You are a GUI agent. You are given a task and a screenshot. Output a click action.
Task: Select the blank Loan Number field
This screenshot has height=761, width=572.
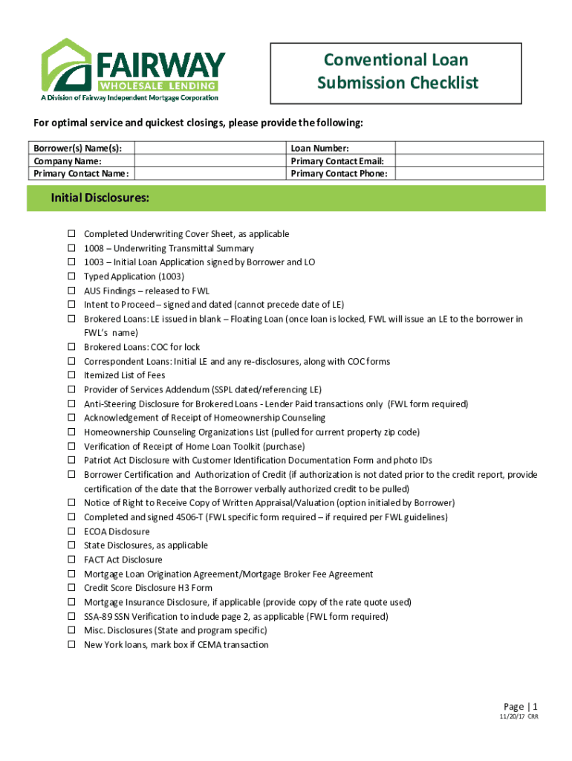coord(470,148)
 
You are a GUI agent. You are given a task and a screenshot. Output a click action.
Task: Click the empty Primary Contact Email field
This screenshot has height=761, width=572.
coord(470,161)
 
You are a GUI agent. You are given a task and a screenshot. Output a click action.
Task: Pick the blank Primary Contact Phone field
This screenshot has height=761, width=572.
coord(470,173)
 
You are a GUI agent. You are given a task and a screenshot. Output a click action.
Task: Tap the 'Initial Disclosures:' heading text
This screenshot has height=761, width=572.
coord(100,198)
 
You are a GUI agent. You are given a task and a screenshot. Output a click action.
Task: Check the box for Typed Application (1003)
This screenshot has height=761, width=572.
coord(71,276)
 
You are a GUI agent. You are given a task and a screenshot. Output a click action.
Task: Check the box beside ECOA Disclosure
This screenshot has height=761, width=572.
coord(71,531)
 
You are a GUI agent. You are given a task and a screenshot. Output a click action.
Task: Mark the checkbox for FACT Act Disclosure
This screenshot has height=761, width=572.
coord(71,560)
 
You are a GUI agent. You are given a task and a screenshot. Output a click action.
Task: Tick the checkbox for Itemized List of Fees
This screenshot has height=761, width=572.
coord(71,375)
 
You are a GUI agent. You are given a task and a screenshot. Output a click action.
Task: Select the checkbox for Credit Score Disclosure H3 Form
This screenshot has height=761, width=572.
coord(71,588)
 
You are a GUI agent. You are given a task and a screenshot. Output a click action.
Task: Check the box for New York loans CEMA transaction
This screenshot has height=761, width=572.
coord(71,644)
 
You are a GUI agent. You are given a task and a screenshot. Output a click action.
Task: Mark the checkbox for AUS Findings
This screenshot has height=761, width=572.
coord(71,291)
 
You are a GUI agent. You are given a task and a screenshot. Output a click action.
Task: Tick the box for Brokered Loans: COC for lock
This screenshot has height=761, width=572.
coord(71,347)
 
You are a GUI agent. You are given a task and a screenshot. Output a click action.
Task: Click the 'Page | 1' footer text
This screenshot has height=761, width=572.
coord(520,707)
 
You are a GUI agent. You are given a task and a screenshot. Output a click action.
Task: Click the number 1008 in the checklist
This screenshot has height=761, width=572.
coord(94,248)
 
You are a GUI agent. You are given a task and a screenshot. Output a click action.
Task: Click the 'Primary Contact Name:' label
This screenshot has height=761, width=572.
coord(80,174)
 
